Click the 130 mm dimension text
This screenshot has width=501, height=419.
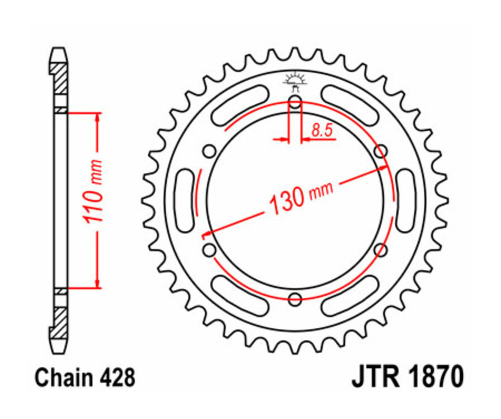click(x=301, y=196)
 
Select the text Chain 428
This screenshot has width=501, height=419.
click(x=84, y=377)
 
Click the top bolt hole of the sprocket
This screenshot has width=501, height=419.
click(x=295, y=102)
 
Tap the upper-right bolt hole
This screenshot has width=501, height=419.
click(x=381, y=151)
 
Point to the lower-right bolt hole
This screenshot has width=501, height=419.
click(x=381, y=251)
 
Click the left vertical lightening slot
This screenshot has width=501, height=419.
click(x=183, y=201)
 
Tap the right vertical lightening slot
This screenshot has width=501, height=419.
click(x=405, y=201)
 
